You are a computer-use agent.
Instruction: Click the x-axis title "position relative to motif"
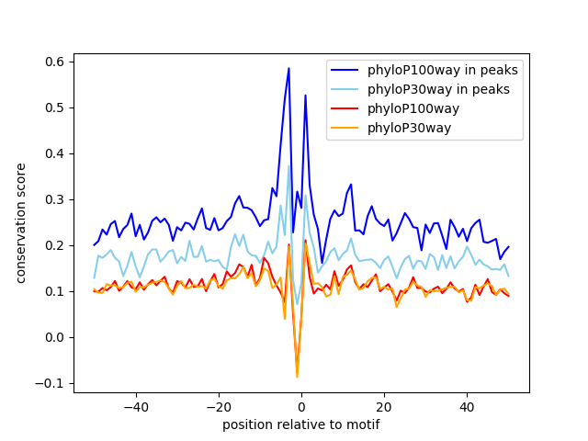pos(300,425)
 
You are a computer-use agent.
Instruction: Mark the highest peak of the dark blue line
pos(288,68)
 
